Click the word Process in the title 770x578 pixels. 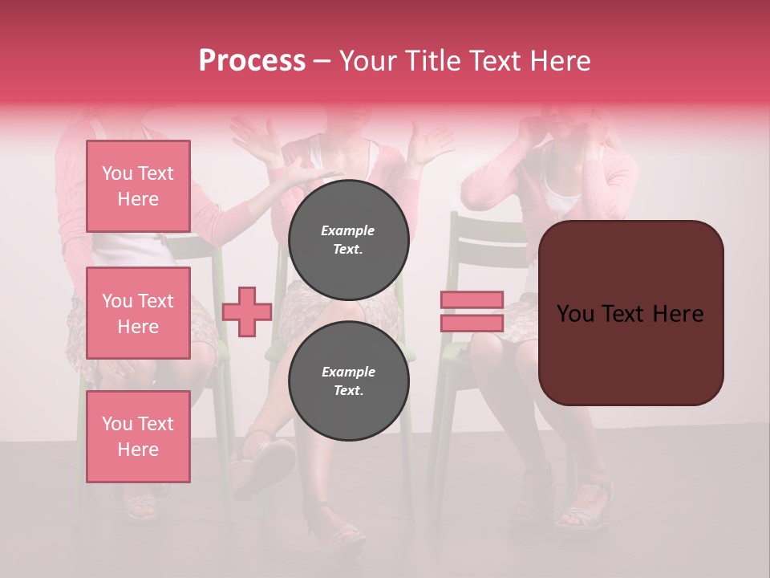click(252, 61)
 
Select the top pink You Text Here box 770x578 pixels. click(138, 186)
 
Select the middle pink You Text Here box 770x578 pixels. click(138, 313)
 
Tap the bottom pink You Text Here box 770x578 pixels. click(138, 436)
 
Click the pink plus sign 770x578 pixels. click(246, 312)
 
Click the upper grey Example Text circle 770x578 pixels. click(348, 239)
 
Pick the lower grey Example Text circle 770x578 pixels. click(348, 381)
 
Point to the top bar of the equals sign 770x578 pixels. click(472, 299)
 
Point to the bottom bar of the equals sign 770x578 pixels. click(472, 323)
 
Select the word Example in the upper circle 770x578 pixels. click(348, 230)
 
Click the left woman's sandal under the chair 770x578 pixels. click(141, 507)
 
